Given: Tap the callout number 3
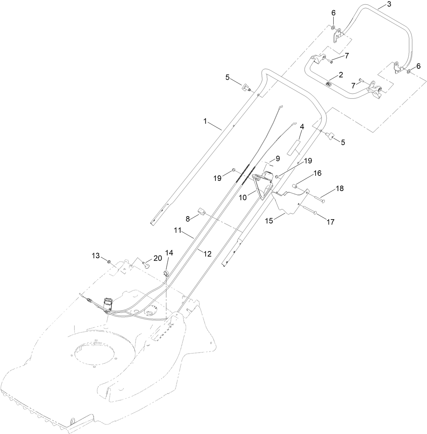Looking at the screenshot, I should (379, 4).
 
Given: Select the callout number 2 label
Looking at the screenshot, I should (340, 74).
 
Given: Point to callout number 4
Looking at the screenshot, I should (302, 127).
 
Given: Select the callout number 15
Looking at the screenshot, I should (268, 221).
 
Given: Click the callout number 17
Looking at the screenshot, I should (331, 222).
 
